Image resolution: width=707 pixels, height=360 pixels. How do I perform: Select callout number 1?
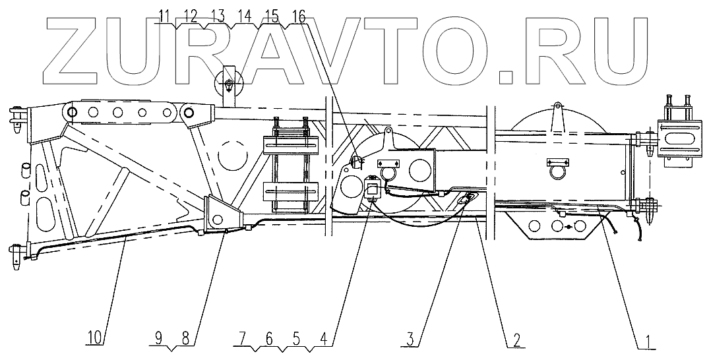pos(649,340)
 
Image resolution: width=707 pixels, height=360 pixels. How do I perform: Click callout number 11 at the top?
pos(164,15)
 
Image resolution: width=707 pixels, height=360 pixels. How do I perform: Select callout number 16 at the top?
pos(299,15)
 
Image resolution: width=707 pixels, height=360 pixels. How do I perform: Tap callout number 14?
pos(245,15)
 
